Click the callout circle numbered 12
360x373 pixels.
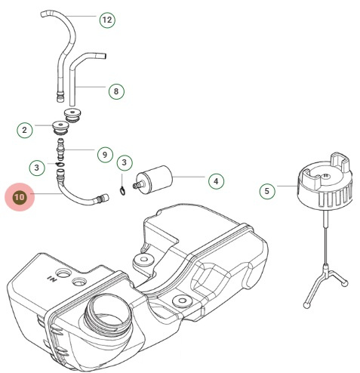[x=108, y=20]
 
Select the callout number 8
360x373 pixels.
[x=115, y=91]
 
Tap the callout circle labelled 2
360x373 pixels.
[x=25, y=130]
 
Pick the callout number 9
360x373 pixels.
[x=105, y=154]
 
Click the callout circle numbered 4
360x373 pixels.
[x=216, y=181]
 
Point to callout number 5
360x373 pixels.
[x=266, y=191]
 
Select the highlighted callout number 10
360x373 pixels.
[x=20, y=198]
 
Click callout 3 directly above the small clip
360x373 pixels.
[x=125, y=162]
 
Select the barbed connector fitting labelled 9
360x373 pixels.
[x=62, y=150]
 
